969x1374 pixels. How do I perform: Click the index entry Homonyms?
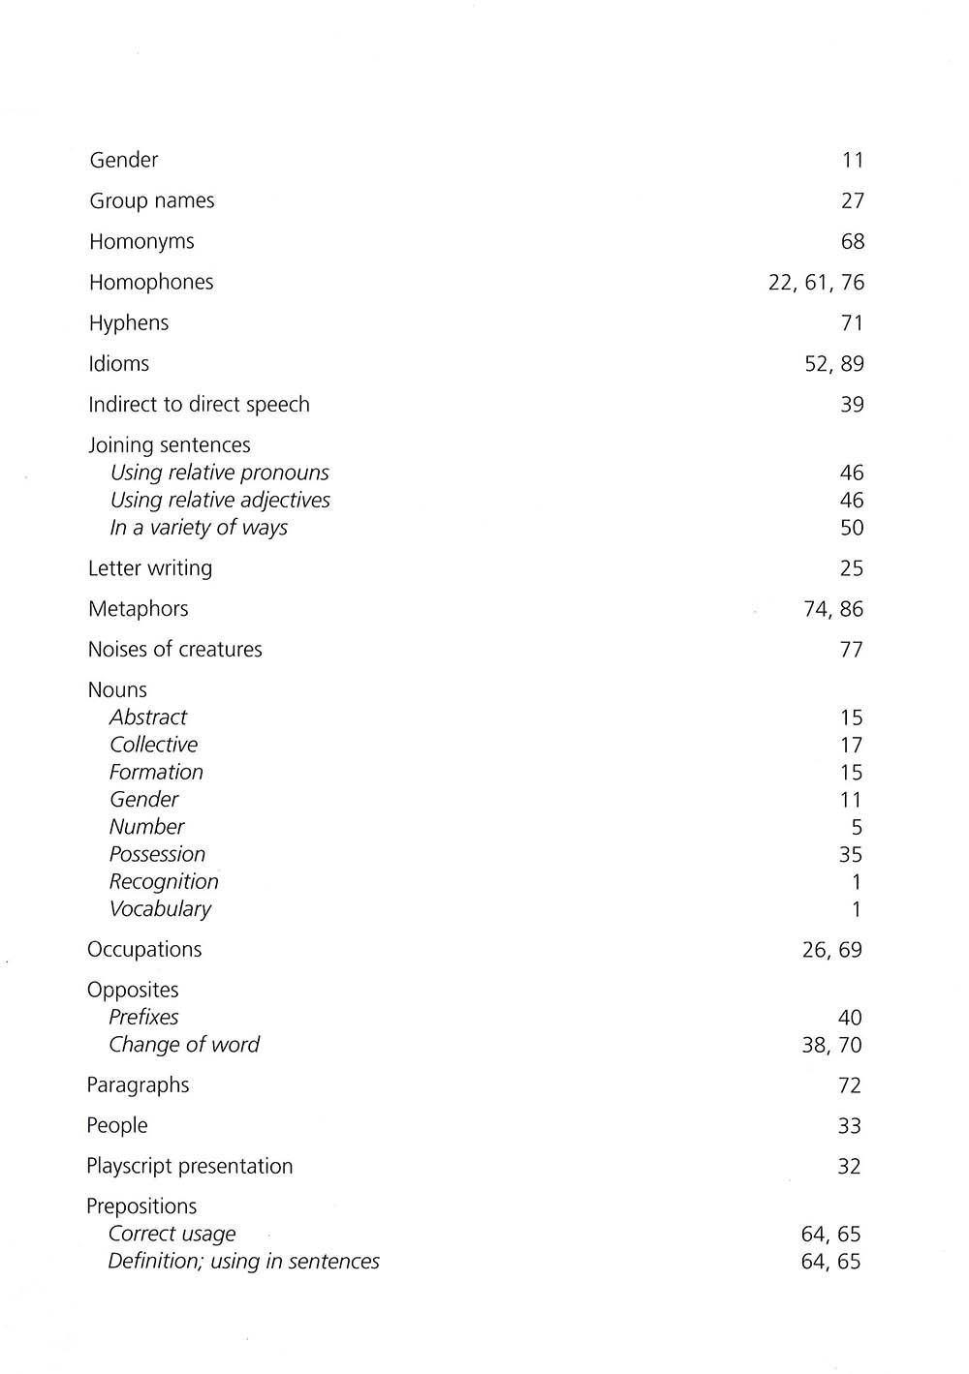(x=141, y=242)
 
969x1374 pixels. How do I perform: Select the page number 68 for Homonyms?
(x=852, y=242)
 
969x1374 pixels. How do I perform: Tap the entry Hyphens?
(x=129, y=323)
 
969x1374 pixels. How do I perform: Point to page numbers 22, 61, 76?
(x=816, y=283)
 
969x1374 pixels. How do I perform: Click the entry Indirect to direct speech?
(x=199, y=405)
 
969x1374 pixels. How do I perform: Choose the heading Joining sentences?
(x=169, y=445)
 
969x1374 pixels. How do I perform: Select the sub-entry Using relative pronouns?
(x=219, y=473)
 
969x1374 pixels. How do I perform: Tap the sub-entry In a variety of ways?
(x=199, y=528)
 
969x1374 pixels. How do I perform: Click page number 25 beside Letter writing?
(x=851, y=568)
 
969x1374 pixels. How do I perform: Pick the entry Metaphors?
(x=138, y=609)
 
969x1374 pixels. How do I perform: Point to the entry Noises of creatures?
(x=174, y=650)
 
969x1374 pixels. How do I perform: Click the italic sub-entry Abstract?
(x=148, y=718)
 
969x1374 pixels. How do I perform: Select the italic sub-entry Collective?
(x=153, y=745)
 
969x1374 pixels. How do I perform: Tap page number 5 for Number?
(x=856, y=827)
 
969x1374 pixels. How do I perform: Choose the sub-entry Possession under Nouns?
(x=157, y=854)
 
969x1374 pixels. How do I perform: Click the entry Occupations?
(x=144, y=950)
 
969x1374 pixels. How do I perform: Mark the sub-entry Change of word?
(x=184, y=1045)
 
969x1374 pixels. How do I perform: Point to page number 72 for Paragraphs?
(x=849, y=1085)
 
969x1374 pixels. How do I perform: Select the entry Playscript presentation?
(x=189, y=1167)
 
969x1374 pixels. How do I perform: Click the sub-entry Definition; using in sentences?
(x=243, y=1262)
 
